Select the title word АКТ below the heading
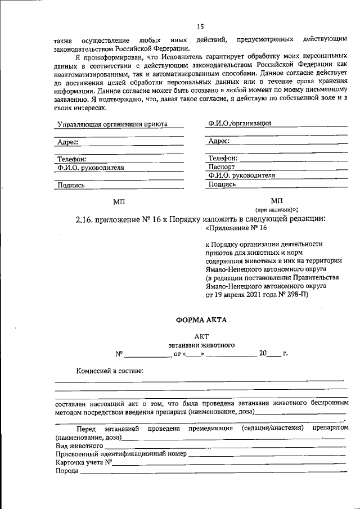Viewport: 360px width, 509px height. click(201, 336)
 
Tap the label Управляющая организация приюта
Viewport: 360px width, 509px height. click(112, 124)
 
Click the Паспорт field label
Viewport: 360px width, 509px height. click(221, 167)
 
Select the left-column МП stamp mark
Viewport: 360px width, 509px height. click(119, 201)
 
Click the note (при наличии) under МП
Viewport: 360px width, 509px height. click(277, 209)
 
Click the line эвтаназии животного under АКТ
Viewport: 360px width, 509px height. click(201, 345)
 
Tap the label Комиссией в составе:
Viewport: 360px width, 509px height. click(110, 371)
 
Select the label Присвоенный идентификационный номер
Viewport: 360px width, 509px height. click(121, 454)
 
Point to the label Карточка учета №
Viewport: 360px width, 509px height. click(83, 462)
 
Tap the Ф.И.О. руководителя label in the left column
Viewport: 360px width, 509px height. click(90, 168)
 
